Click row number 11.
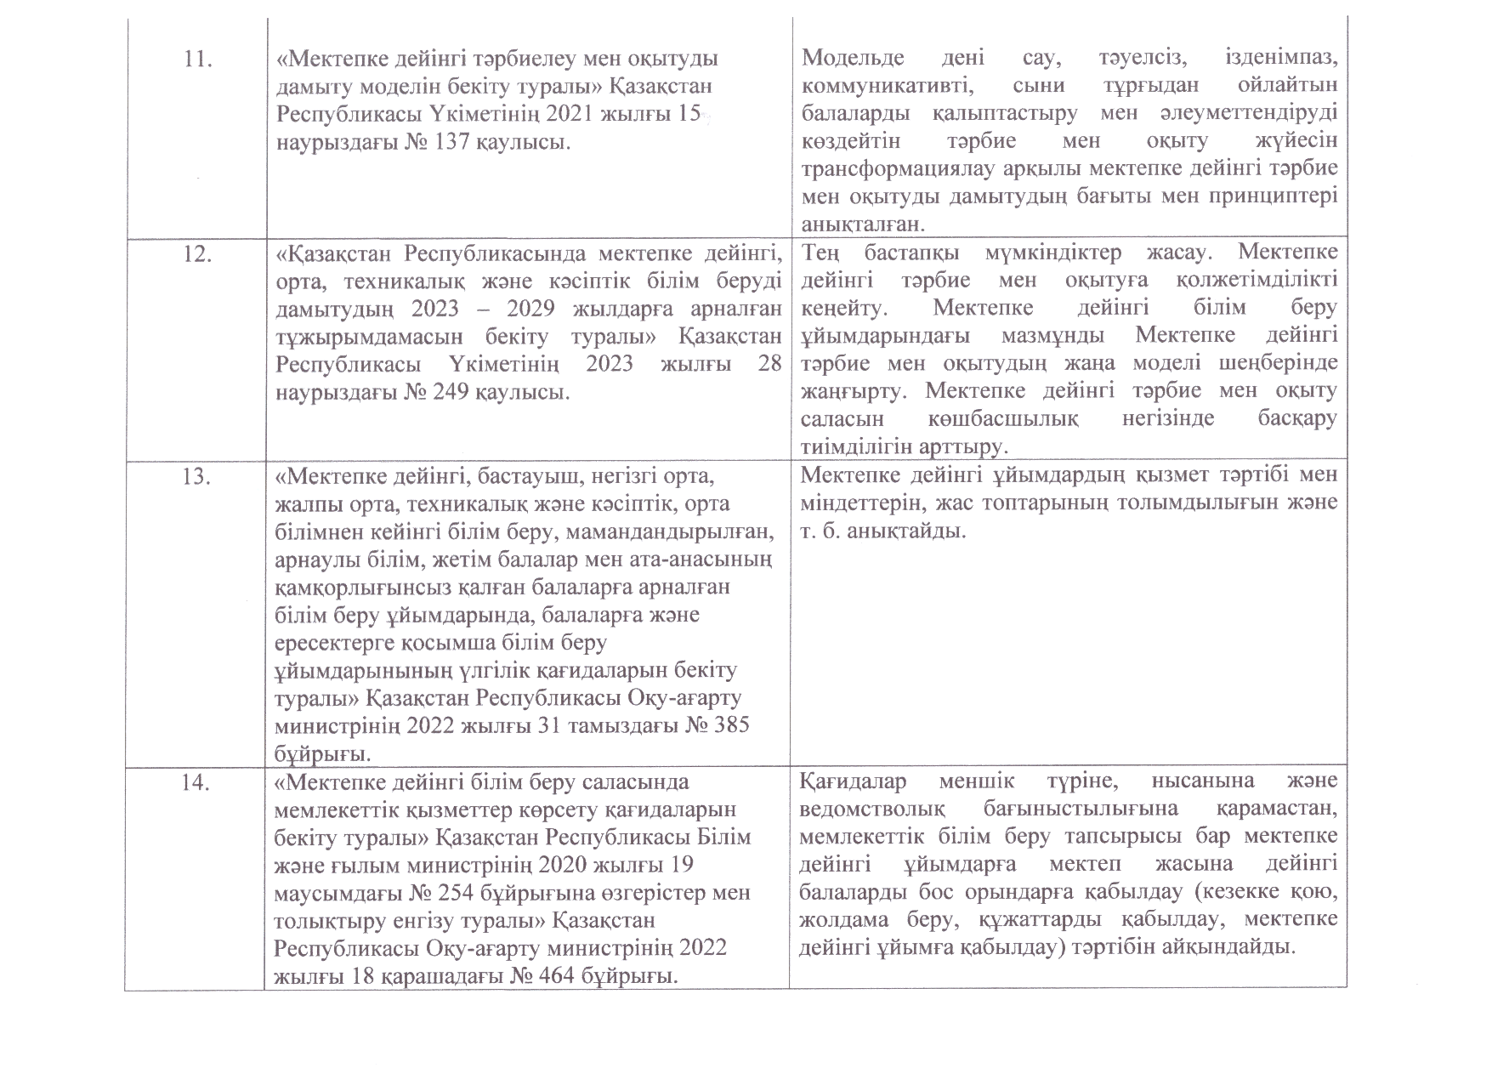coord(198,60)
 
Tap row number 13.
coord(197,477)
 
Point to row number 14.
coord(197,783)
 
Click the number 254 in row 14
coord(442,893)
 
